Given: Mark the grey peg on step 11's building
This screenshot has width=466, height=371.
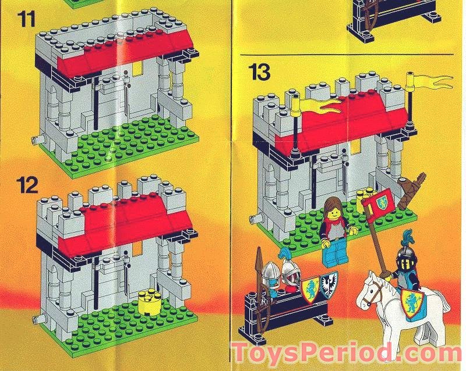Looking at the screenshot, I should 36,140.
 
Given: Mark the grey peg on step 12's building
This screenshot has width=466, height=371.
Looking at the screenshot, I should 37,318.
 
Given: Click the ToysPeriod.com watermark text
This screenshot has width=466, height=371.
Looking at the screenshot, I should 347,354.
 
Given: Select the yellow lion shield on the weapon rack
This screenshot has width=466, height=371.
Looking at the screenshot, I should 310,288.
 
